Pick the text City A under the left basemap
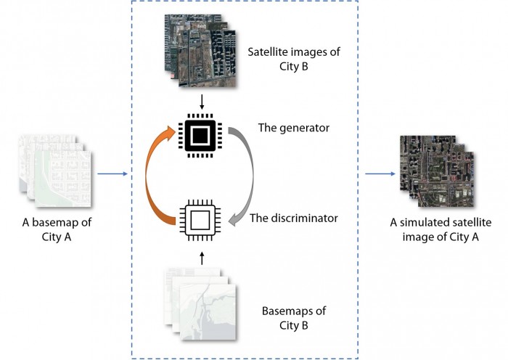coord(57,237)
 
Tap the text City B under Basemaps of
coord(293,325)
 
